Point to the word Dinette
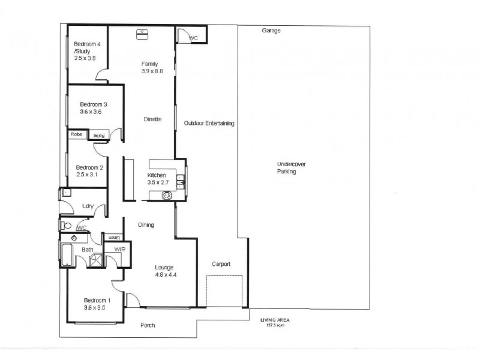152,119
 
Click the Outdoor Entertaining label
209,124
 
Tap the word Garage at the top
271,31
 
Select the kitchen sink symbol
187,179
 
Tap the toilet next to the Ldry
66,226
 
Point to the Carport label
221,264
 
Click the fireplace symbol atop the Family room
143,34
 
